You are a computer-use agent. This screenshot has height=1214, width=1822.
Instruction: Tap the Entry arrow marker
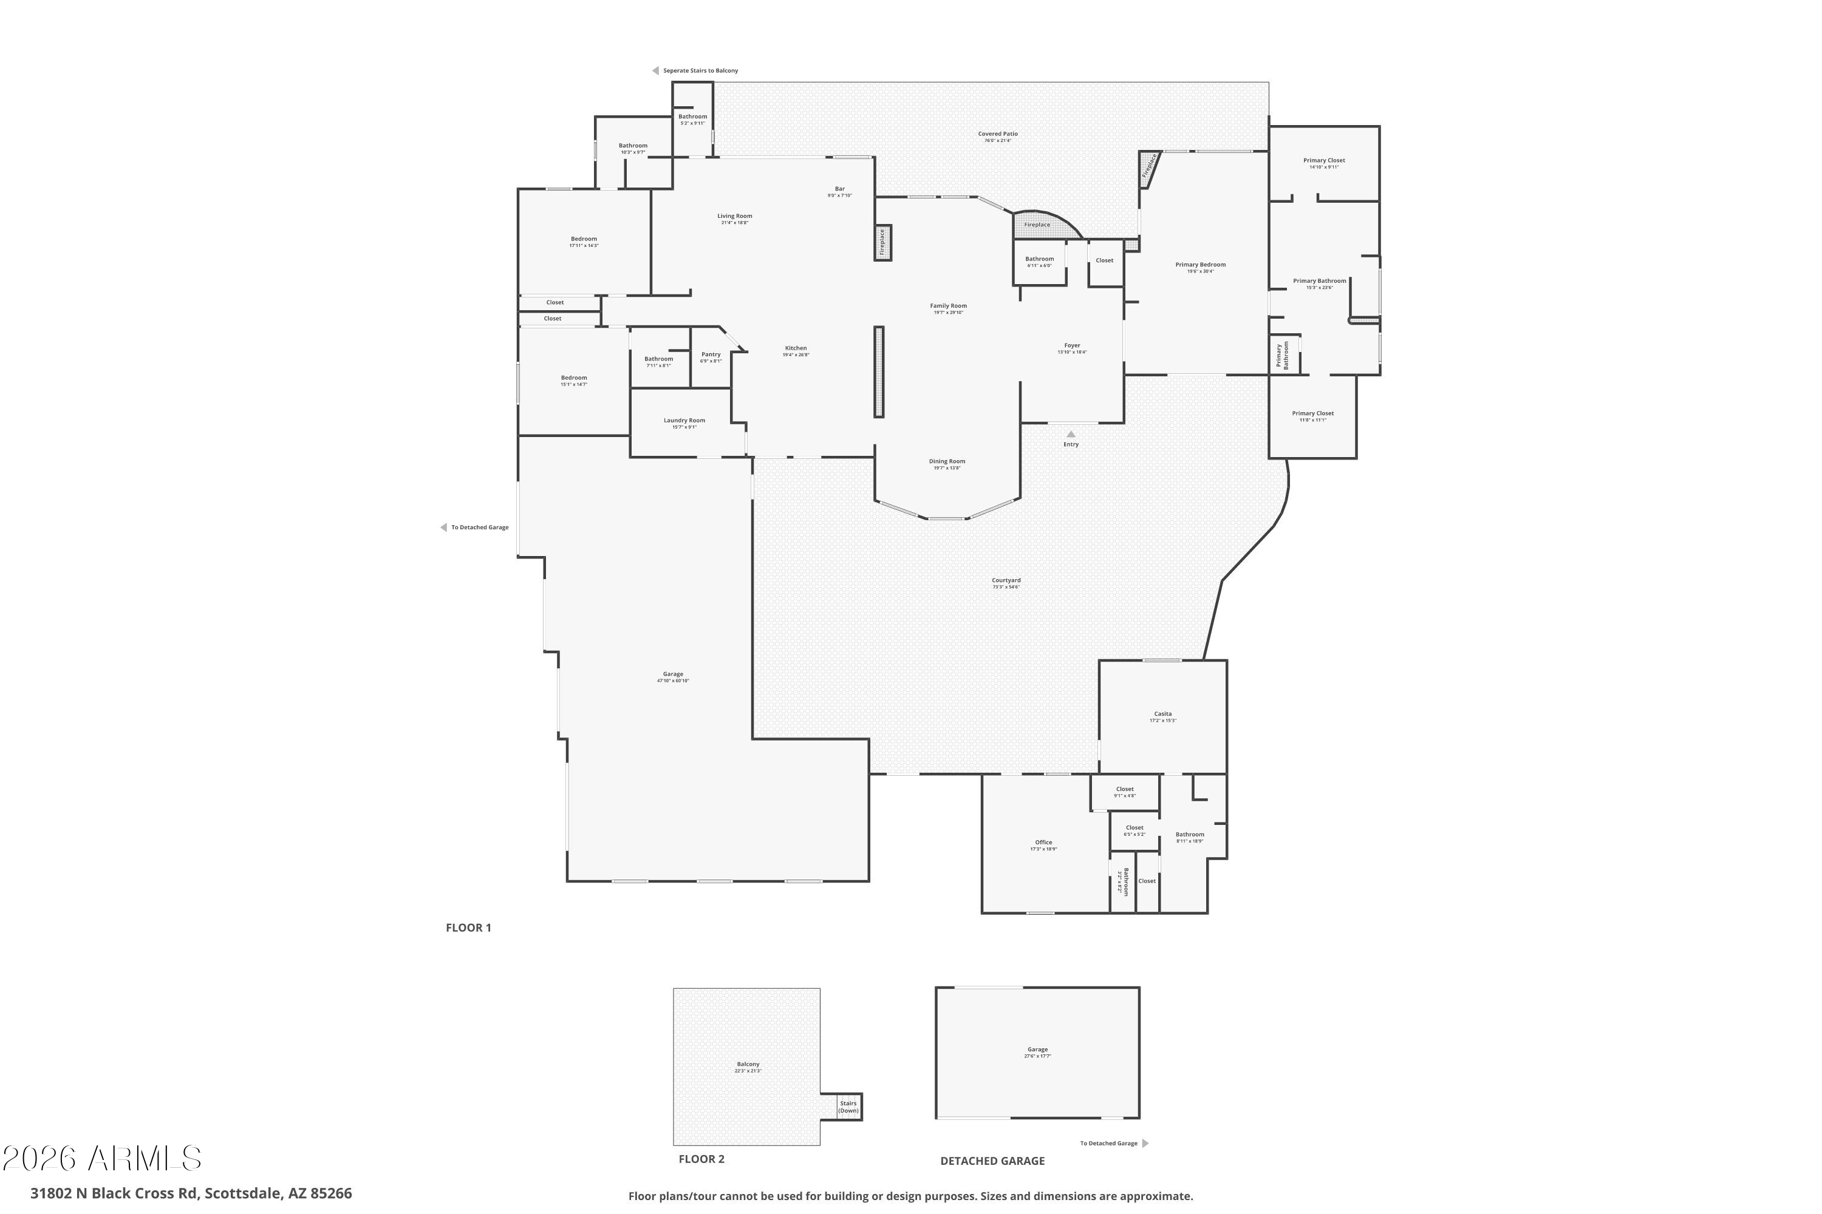1071,435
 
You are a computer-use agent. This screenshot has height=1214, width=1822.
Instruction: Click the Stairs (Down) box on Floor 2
848,1107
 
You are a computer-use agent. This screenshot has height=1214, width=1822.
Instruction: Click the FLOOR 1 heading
468,927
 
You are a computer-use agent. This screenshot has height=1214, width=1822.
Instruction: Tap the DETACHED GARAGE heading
992,1161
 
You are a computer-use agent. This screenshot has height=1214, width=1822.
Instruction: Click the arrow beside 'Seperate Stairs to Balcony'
655,70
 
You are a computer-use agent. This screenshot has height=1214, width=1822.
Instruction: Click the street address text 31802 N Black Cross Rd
191,1193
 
